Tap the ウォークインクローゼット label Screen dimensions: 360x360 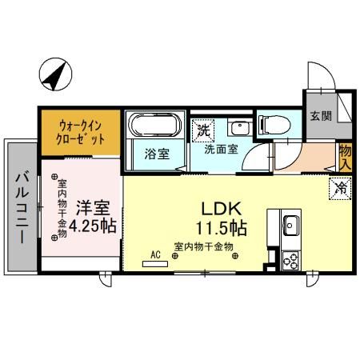tap(81, 130)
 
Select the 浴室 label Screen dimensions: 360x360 tap(157, 154)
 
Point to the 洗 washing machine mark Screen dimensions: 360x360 tap(203, 129)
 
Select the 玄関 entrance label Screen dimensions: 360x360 tap(320, 116)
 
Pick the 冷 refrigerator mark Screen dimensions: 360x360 tap(340, 189)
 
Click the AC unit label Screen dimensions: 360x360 tap(155, 255)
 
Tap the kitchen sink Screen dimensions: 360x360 tap(289, 223)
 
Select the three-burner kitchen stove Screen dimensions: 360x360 tap(290, 259)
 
